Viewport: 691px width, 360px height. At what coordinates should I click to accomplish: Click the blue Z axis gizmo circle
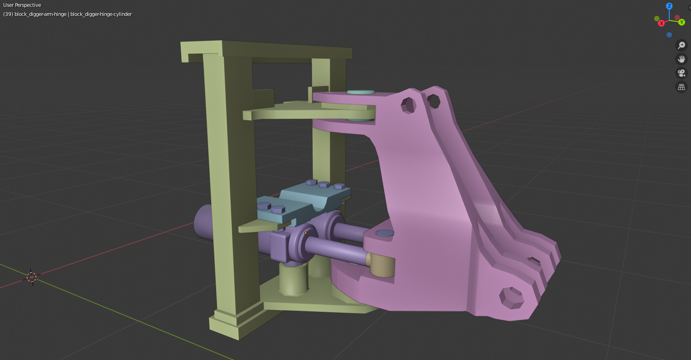(x=669, y=6)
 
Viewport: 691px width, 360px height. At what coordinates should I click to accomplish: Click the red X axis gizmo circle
(x=661, y=24)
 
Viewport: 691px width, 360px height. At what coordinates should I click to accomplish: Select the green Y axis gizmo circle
(x=682, y=22)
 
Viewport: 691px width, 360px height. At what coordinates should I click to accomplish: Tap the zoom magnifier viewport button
(x=681, y=45)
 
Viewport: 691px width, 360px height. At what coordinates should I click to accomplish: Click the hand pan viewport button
(x=681, y=59)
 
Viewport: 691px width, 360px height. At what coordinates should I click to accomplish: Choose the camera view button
(x=681, y=73)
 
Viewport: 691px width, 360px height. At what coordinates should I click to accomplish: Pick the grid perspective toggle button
(x=681, y=87)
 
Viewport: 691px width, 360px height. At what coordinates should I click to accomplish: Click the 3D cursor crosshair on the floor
(x=31, y=277)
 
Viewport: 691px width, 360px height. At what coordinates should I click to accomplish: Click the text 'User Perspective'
(x=22, y=5)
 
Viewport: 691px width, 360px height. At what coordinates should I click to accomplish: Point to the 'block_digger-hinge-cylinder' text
(x=101, y=14)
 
